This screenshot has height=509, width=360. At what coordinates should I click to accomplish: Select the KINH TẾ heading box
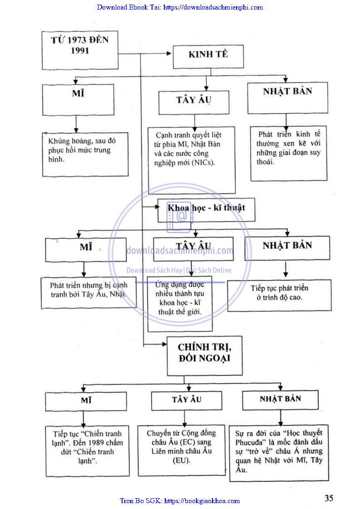tap(208, 56)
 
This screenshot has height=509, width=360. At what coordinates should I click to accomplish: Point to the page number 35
tap(329, 498)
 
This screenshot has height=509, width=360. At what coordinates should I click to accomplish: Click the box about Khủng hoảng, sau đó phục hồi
tap(85, 154)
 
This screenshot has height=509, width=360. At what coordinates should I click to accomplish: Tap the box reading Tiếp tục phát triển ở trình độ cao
tap(279, 295)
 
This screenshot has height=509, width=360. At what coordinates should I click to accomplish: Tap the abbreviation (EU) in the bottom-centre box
tap(182, 460)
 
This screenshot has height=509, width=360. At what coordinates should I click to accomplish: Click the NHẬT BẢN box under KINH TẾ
tap(287, 98)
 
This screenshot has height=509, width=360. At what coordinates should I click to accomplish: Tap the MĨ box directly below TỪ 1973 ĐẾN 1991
tap(78, 100)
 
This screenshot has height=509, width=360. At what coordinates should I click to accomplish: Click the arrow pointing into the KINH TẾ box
tap(168, 54)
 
